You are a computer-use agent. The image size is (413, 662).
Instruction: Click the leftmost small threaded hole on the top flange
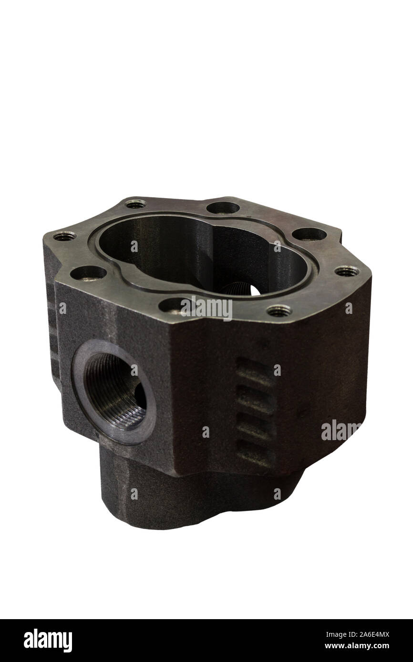point(64,236)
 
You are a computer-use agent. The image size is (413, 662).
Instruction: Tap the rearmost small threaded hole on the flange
point(136,204)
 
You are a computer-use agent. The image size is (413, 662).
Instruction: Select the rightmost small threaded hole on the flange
point(347,271)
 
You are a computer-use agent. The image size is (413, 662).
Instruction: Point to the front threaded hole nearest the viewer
point(279,311)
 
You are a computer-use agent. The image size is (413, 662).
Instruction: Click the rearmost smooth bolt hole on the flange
point(223,207)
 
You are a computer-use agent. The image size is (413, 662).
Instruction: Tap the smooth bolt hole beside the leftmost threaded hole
point(88,273)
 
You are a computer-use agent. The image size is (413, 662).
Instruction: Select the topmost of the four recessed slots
point(254,371)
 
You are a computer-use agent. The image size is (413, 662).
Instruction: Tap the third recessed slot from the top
point(254,424)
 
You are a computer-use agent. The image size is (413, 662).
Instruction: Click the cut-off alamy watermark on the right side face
point(341,430)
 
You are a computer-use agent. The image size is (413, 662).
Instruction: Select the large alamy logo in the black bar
point(48,641)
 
